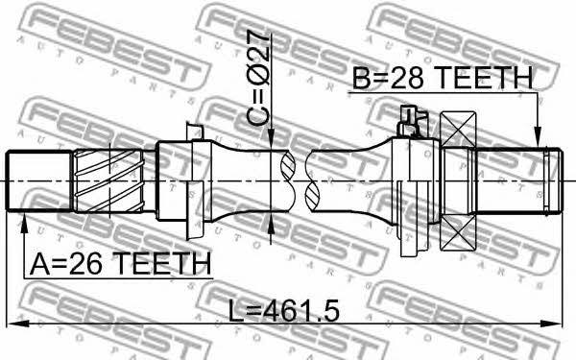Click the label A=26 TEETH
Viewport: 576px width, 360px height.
point(121,263)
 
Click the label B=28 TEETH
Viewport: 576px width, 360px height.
point(443,78)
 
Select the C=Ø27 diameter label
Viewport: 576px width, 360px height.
point(258,78)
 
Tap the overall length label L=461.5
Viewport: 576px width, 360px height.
point(283,310)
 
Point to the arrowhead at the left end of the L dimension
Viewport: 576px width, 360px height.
point(17,324)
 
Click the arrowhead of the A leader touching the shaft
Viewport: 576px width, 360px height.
point(24,223)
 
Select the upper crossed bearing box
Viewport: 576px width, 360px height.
point(458,129)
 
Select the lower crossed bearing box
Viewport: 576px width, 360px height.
point(458,232)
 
